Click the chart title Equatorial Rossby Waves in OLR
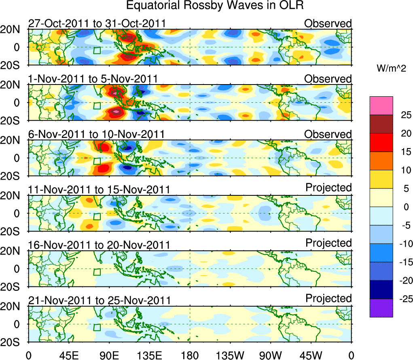point(215,6)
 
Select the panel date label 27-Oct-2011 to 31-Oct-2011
point(97,23)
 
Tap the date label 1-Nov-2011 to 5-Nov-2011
point(93,79)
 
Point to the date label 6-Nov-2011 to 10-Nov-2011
point(96,134)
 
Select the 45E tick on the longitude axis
point(69,355)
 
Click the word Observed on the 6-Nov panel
point(328,134)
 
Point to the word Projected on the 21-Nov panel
point(328,299)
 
